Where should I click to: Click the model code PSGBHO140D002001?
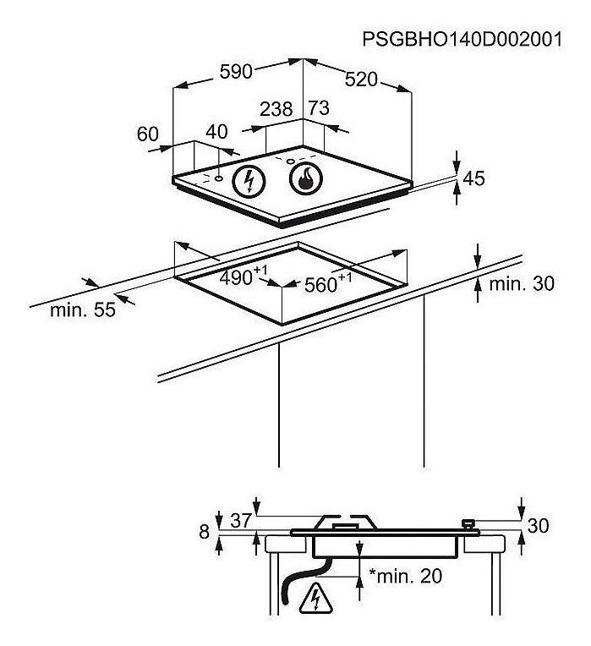tap(462, 40)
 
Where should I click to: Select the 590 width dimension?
tap(236, 72)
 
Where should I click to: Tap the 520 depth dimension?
tap(361, 79)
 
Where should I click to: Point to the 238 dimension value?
tap(276, 109)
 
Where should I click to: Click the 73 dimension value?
tap(320, 108)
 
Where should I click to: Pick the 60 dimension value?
tap(147, 134)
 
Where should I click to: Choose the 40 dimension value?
tap(216, 132)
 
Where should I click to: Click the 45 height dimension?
tap(474, 178)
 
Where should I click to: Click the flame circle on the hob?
tap(305, 179)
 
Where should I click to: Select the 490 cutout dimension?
tap(244, 276)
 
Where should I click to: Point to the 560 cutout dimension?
tap(328, 283)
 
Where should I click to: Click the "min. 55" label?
tap(83, 309)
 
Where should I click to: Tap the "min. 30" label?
tap(522, 284)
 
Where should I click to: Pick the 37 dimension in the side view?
tap(240, 520)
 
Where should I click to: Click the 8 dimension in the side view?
tap(205, 532)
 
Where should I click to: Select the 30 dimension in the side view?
tap(539, 526)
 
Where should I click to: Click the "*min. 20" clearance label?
tap(405, 576)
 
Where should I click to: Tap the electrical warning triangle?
tap(316, 597)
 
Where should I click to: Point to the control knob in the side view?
tap(468, 524)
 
